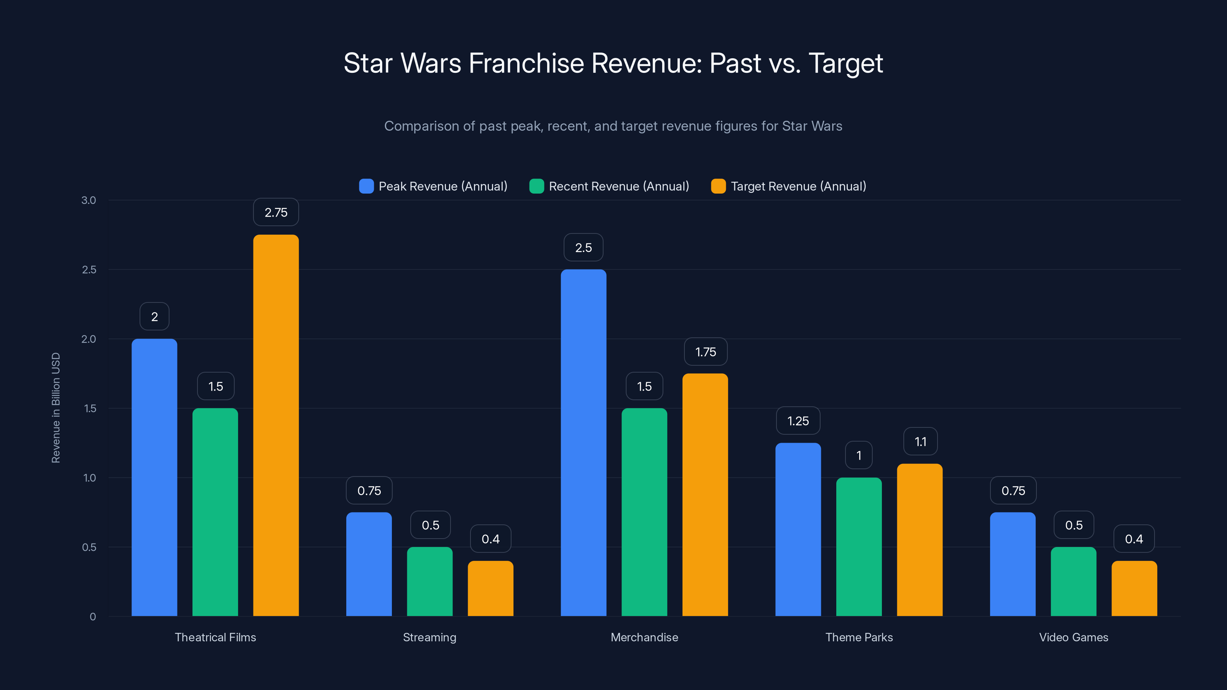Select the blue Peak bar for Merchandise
click(584, 442)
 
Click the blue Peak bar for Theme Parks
click(798, 529)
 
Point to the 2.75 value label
click(276, 212)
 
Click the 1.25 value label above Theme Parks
click(798, 421)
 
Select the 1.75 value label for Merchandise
click(706, 352)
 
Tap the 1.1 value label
click(920, 442)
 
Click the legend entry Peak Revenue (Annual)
click(442, 186)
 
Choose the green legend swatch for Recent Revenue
click(536, 186)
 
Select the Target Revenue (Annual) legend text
click(798, 186)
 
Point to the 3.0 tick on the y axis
click(89, 200)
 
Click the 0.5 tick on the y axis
click(89, 547)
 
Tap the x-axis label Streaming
click(429, 637)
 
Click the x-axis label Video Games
click(1074, 637)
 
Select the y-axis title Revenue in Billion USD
click(56, 407)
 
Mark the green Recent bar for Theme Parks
click(859, 547)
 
